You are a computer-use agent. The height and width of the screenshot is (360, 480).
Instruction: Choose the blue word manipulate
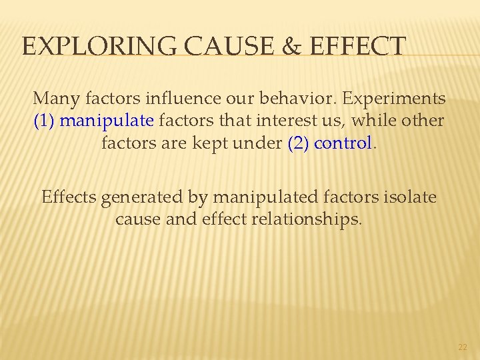pyautogui.click(x=107, y=121)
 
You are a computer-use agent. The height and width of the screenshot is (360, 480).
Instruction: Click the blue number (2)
pyautogui.click(x=298, y=143)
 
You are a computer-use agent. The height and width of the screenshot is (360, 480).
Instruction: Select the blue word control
pyautogui.click(x=342, y=143)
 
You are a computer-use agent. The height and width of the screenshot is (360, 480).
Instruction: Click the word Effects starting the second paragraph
pyautogui.click(x=67, y=197)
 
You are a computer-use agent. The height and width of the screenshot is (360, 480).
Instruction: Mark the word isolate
pyautogui.click(x=407, y=197)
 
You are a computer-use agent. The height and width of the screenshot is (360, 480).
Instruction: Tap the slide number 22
pyautogui.click(x=463, y=347)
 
